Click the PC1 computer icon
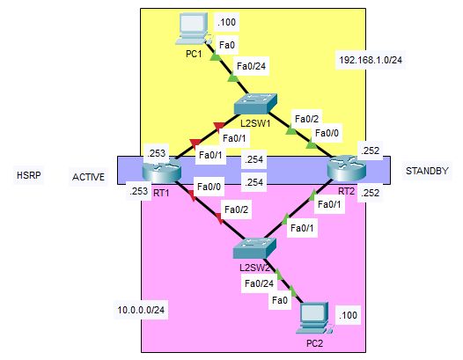point(193,29)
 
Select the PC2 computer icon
point(314,319)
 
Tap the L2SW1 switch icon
point(256,104)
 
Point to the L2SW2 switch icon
point(254,248)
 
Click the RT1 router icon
point(161,170)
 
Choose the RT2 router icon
point(347,168)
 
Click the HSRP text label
point(29,175)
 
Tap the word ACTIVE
point(88,177)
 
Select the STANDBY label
point(427,171)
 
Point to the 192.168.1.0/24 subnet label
point(371,60)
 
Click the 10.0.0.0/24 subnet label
point(141,310)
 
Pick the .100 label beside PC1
point(226,22)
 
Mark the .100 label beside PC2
point(348,315)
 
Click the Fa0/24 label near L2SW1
point(251,66)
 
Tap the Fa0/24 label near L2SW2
point(260,283)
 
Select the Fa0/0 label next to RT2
point(327,133)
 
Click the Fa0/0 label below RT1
point(209,187)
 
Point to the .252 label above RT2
point(370,151)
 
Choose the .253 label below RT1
point(138,191)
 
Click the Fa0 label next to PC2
point(280,300)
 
